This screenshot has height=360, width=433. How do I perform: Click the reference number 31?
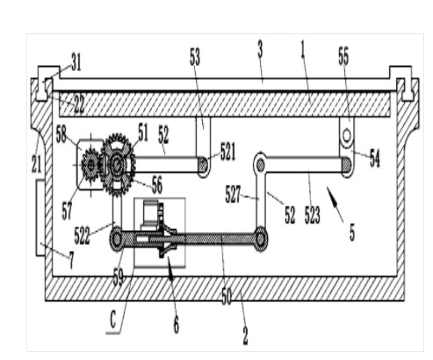tap(76, 62)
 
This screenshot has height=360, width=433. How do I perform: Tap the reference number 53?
tap(195, 56)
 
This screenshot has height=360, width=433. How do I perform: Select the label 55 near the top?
tap(343, 56)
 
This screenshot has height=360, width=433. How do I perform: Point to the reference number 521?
tap(227, 151)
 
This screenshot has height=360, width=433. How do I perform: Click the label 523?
tap(313, 215)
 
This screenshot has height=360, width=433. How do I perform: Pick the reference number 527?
tap(233, 195)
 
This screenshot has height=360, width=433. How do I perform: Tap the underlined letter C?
tap(113, 320)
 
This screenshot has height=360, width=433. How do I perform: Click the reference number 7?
tap(71, 261)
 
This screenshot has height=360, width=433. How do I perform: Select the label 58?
tap(61, 135)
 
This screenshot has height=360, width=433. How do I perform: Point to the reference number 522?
tap(83, 236)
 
